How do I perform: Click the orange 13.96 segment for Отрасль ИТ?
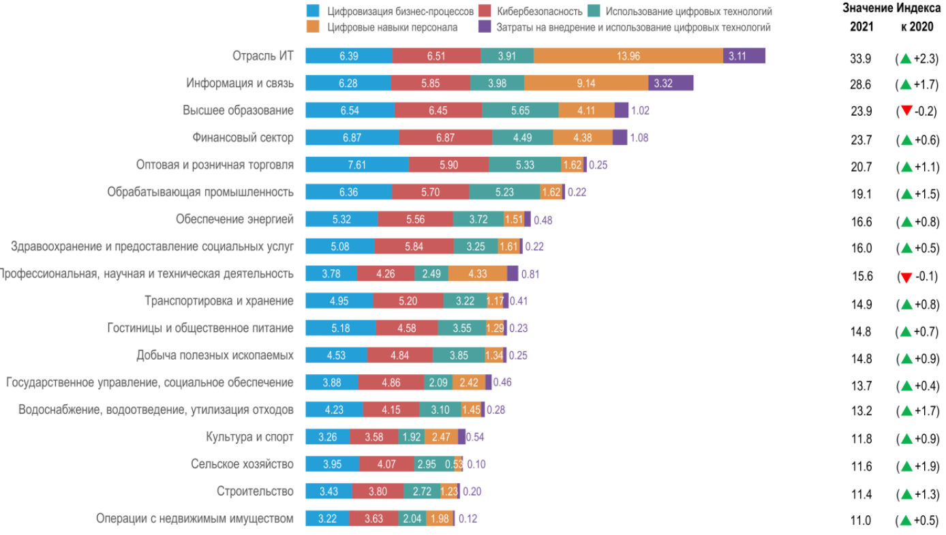pos(628,56)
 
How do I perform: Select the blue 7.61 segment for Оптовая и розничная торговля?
pos(356,165)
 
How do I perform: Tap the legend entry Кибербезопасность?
pos(539,12)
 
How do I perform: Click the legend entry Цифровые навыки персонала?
pos(392,27)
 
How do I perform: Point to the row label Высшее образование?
pos(238,110)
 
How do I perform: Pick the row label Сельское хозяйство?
pos(242,464)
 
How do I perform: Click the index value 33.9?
pos(861,59)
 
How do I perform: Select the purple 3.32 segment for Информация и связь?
pos(671,83)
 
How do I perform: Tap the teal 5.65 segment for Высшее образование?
pos(520,110)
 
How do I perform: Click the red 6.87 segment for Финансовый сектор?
pos(445,138)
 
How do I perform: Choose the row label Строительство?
pos(255,491)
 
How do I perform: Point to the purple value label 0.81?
pos(530,274)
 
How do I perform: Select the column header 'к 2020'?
pos(917,27)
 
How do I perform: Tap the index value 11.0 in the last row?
pos(861,521)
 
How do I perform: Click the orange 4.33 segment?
pos(478,274)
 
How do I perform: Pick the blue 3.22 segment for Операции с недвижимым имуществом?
pos(327,519)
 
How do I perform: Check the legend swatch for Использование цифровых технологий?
pos(594,12)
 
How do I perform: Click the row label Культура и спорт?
pos(249,437)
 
